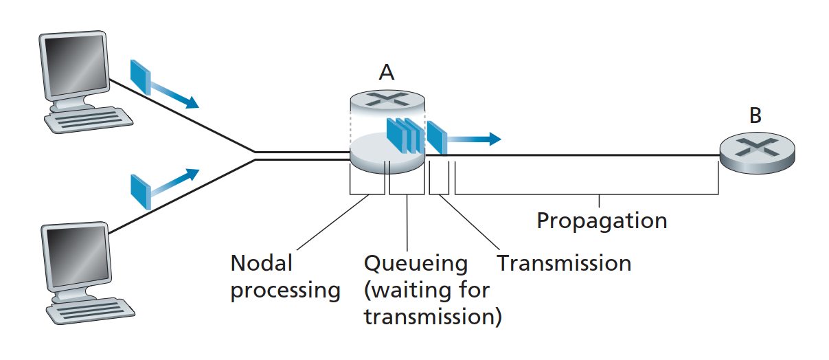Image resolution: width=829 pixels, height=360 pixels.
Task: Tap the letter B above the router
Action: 756,115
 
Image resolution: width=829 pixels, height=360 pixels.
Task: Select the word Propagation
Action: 602,221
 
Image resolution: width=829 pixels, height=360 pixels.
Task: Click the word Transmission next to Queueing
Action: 564,262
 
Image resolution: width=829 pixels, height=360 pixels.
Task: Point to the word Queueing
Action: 416,263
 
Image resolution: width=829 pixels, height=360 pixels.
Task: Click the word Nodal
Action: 262,263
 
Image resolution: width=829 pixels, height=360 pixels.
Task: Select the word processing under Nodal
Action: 285,291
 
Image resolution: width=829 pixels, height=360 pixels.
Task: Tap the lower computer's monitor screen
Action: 75,255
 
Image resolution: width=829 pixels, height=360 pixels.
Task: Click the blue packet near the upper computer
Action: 141,76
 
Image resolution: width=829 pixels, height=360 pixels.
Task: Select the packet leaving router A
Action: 436,137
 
